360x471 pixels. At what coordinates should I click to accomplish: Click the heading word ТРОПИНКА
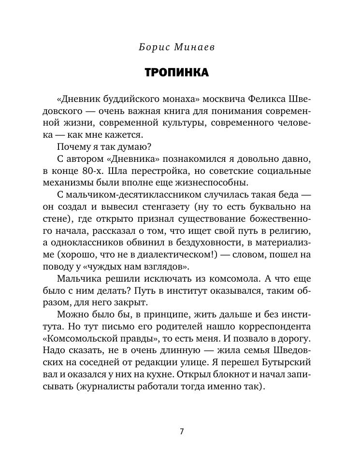pos(177,73)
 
